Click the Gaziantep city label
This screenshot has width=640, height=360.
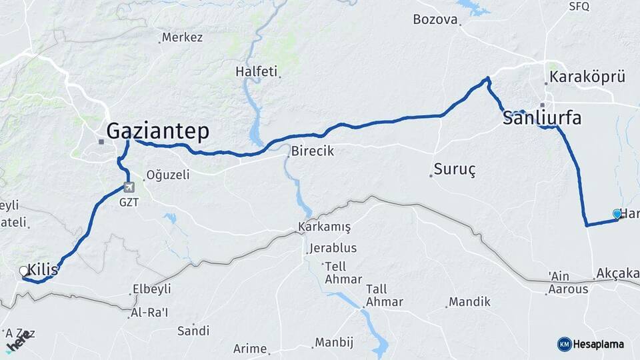tap(157, 130)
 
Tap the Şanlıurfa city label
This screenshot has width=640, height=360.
tap(541, 119)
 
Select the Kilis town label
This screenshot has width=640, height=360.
tap(43, 272)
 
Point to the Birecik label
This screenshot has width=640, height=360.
tap(313, 152)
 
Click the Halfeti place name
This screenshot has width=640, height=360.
tap(256, 71)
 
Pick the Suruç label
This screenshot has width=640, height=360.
tap(454, 169)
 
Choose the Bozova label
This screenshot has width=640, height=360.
tap(436, 19)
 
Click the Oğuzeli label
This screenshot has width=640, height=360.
tap(168, 175)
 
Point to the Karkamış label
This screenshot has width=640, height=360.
tap(325, 227)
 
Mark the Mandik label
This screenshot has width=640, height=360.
tap(469, 302)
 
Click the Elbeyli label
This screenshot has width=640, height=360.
tap(152, 289)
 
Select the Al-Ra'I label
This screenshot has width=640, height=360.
tap(149, 313)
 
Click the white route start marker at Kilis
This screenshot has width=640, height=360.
tap(24, 271)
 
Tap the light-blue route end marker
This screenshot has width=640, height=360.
tap(617, 213)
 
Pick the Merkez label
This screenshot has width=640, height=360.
tap(182, 37)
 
